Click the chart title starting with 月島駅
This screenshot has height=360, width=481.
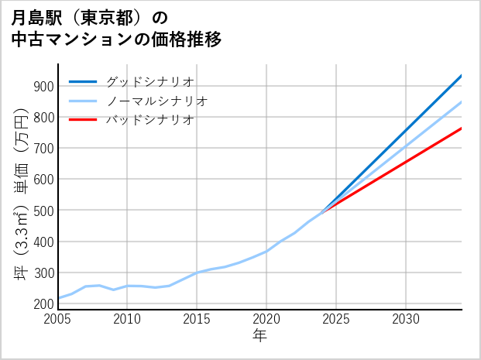[x=116, y=28]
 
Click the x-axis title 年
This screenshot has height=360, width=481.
[x=259, y=336]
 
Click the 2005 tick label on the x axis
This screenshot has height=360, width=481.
[x=58, y=319]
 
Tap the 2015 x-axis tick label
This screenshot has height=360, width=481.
[x=197, y=319]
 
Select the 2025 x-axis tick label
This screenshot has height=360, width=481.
[x=336, y=319]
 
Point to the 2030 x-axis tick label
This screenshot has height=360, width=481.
[x=406, y=319]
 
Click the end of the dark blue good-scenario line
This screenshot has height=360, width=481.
[x=461, y=76]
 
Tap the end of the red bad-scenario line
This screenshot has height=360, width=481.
[x=461, y=129]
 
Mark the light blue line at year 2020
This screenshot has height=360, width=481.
[x=266, y=251]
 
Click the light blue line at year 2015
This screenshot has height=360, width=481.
[x=197, y=273]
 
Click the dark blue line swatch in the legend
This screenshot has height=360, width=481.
[x=83, y=81]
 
